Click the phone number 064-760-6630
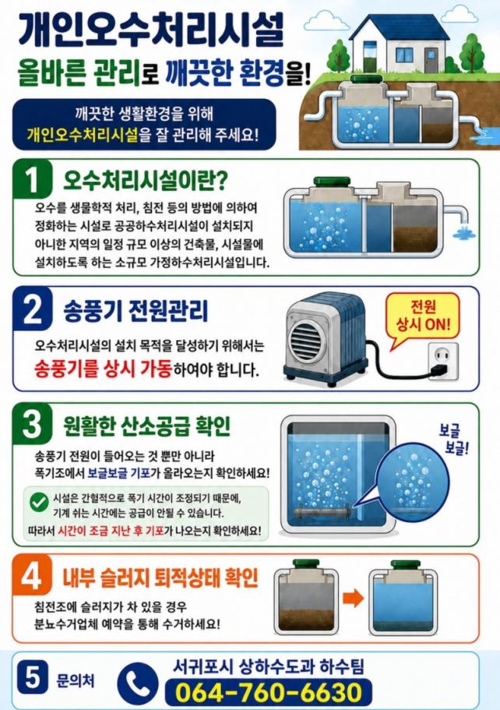(269, 692)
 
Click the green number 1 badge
(32, 179)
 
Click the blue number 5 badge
(32, 678)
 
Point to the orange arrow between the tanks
(354, 598)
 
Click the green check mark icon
(40, 502)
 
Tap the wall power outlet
(443, 361)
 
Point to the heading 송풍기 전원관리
(136, 312)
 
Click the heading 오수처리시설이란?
(145, 180)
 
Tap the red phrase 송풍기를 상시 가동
(103, 369)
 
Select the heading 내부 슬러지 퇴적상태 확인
(160, 577)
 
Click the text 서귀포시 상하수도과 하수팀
(269, 666)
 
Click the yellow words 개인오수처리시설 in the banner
(83, 135)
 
